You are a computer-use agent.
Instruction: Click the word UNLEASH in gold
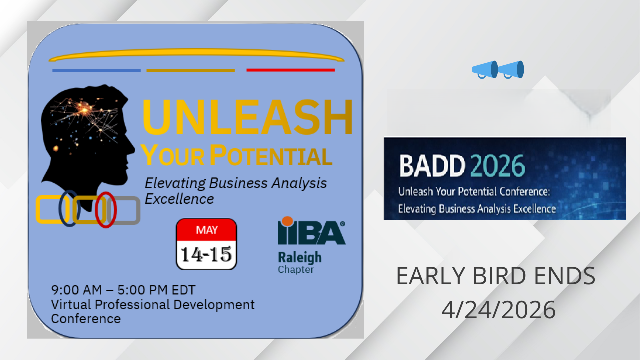247,117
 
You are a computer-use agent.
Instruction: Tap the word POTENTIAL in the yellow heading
271,155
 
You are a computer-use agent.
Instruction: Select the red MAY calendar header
207,230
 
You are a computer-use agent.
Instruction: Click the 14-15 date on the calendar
206,254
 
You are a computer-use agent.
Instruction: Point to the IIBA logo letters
311,232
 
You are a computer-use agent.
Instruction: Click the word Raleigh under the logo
300,257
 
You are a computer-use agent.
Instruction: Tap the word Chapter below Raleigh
296,269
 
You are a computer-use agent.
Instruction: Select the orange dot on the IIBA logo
287,221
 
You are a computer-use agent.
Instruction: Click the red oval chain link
96,210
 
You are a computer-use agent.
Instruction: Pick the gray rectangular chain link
138,210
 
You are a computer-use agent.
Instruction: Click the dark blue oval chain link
61,208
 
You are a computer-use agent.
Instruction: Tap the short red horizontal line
291,70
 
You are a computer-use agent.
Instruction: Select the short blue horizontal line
96,71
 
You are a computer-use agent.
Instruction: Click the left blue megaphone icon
485,70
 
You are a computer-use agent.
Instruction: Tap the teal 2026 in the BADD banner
497,165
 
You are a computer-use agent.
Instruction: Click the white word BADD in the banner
432,165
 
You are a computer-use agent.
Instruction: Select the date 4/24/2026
498,310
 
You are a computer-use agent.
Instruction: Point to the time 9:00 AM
76,290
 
